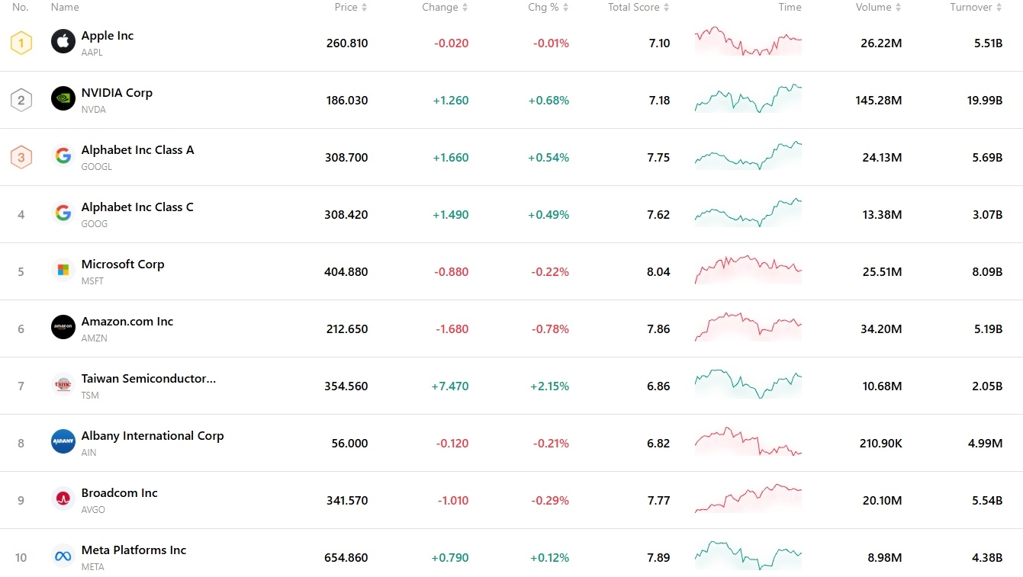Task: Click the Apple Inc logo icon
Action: tap(63, 42)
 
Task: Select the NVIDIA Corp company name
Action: tap(117, 93)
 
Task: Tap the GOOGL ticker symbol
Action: tap(97, 167)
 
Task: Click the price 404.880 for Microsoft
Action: tap(346, 272)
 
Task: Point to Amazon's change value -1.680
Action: tap(452, 329)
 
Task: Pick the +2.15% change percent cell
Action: tap(549, 386)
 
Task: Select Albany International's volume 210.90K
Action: tap(880, 444)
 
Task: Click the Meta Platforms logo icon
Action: tap(63, 556)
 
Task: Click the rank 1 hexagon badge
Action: tap(21, 43)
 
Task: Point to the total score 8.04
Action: tap(658, 272)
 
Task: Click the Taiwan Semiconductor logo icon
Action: tap(63, 385)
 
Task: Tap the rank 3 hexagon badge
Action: tap(21, 158)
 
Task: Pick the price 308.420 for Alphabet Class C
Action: tap(346, 215)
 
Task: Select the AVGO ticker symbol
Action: tap(94, 510)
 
